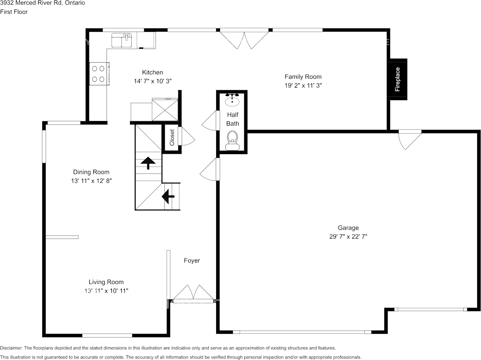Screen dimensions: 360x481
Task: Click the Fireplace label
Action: pos(397,80)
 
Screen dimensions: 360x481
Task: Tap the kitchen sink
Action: pos(121,40)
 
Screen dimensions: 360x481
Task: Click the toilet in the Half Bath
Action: pos(232,140)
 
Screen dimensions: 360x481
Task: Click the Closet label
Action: pos(172,137)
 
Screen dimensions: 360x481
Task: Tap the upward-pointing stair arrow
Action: pos(148,163)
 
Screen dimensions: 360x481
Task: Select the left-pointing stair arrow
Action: pos(168,196)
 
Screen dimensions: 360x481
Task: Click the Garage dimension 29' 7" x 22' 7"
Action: pos(348,236)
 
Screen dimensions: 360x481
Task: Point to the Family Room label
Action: pos(303,77)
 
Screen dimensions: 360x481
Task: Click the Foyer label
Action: pos(192,261)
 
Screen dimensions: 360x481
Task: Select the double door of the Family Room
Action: pos(244,39)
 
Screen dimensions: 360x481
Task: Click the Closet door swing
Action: pos(187,136)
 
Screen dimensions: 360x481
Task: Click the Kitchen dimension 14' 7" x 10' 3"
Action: pos(153,81)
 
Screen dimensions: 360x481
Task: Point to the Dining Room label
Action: pos(91,172)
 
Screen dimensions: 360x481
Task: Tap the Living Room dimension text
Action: pos(106,291)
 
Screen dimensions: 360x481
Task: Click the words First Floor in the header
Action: pos(14,12)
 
